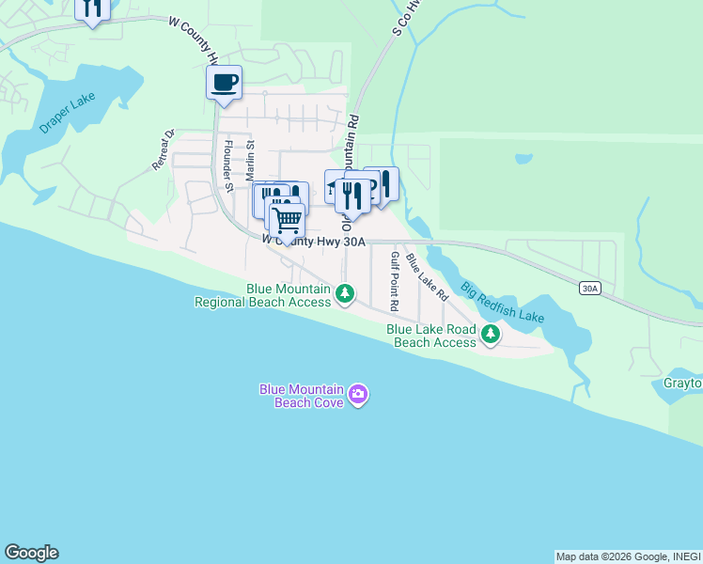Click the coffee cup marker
click(224, 83)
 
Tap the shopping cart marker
click(287, 221)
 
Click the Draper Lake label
click(69, 113)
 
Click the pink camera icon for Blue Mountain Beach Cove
click(357, 394)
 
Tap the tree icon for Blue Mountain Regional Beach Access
click(345, 295)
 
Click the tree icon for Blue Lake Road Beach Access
click(490, 334)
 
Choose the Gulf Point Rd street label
click(396, 281)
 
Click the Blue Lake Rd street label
click(428, 276)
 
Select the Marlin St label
click(251, 161)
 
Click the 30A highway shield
click(589, 289)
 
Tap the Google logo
click(31, 553)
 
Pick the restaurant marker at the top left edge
click(92, 9)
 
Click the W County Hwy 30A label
click(313, 241)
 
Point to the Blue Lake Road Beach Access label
click(431, 337)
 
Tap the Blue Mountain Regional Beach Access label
click(263, 296)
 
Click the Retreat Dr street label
click(164, 149)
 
